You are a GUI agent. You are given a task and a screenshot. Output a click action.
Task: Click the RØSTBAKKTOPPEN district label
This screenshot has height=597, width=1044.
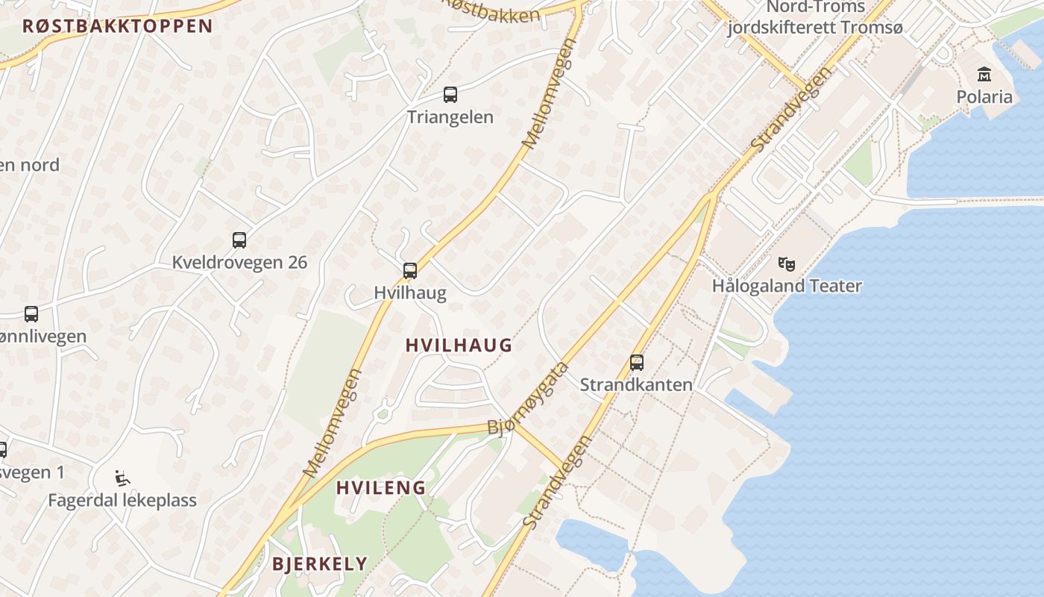[x=117, y=26]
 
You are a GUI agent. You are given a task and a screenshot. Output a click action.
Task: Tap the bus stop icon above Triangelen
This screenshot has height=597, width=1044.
[x=450, y=95]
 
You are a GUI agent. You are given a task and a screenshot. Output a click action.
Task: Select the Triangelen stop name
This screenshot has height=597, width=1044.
[x=450, y=117]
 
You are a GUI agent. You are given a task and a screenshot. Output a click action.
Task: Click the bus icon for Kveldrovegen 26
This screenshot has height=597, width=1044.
[x=239, y=240]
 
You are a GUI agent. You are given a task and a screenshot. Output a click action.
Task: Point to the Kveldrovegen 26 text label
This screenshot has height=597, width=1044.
[x=239, y=263]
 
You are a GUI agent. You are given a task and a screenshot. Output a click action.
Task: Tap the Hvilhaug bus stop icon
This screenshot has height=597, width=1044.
[x=409, y=271]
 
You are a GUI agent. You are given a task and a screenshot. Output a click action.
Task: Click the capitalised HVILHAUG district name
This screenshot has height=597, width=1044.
[x=459, y=345]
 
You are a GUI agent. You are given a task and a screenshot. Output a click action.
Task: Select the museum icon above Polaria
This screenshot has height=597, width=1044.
[x=984, y=75]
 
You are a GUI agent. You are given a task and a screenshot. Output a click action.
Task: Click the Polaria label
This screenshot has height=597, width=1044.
[x=984, y=97]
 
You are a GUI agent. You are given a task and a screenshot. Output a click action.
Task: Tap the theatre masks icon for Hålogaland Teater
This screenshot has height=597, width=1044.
[x=787, y=263]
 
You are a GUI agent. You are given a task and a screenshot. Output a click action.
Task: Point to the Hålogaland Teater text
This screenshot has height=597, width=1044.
[x=787, y=286]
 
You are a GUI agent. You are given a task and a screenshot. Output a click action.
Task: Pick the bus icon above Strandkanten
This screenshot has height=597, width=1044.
[x=637, y=363]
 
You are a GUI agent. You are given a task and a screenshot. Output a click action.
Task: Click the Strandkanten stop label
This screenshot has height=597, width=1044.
[x=636, y=385]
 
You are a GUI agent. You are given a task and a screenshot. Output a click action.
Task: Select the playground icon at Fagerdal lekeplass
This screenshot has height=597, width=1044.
[x=122, y=478]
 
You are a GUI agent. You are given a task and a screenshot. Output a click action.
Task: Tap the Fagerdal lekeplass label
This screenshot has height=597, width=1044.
[x=122, y=500]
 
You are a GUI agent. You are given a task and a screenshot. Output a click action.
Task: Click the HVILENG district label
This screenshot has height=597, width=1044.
[x=380, y=488]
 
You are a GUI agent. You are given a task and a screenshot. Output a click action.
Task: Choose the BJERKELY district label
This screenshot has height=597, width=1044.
[x=320, y=563]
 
